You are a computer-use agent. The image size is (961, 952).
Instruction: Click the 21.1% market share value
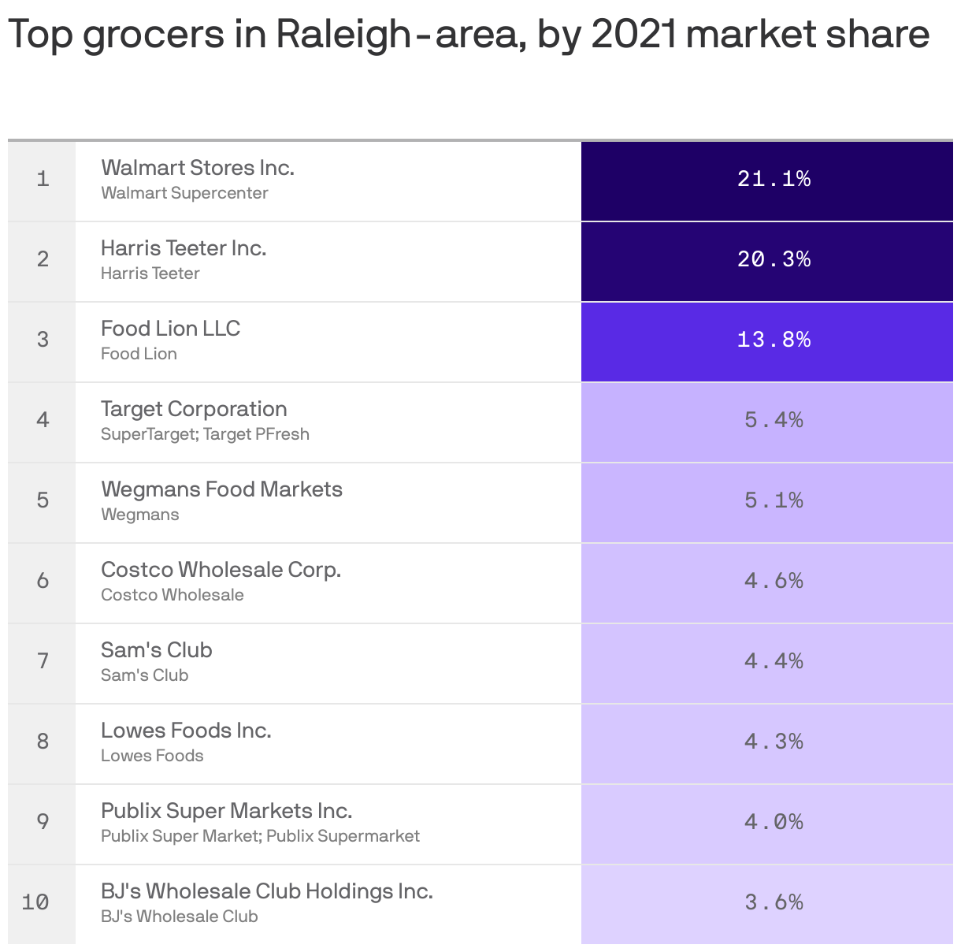click(x=774, y=179)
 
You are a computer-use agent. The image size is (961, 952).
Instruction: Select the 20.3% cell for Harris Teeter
click(x=774, y=259)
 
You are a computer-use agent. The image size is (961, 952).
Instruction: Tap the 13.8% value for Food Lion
click(x=774, y=340)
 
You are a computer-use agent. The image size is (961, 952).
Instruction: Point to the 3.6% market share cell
click(x=774, y=902)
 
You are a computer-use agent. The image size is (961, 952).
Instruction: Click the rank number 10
click(x=35, y=902)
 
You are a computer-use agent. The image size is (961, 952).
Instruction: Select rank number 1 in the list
click(x=43, y=179)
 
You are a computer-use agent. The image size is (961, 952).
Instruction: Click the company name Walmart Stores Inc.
click(x=198, y=168)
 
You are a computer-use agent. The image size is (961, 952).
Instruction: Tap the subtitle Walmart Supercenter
click(x=184, y=193)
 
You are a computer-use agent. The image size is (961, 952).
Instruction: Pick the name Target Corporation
click(x=194, y=409)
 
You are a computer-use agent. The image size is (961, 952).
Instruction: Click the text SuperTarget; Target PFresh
click(x=205, y=434)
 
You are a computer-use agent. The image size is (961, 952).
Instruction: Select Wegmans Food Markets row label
click(x=221, y=489)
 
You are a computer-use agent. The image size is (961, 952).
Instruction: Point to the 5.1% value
click(x=774, y=500)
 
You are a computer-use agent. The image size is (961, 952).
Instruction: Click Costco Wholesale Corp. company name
click(x=221, y=570)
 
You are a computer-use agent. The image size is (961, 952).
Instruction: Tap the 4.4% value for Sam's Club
click(x=774, y=661)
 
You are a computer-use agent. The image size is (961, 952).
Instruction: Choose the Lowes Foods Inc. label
click(x=186, y=731)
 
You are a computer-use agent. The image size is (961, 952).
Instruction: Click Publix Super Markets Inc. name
click(x=226, y=811)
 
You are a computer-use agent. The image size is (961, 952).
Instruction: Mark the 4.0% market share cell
click(x=774, y=822)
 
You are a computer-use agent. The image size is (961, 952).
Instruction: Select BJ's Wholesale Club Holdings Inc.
click(x=266, y=891)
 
